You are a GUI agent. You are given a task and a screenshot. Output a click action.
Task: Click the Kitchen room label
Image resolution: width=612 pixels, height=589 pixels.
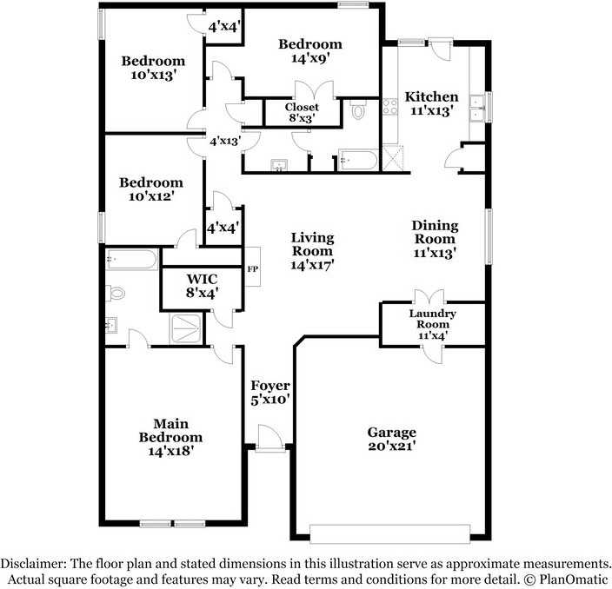pos(431,96)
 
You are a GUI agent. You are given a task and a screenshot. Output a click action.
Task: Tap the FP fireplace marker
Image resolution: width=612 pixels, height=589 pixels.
pos(252,269)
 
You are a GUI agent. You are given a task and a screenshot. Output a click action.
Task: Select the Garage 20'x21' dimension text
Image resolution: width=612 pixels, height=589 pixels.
pos(391,446)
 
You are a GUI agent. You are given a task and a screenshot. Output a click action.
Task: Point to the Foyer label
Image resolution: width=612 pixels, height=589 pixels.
pos(270,386)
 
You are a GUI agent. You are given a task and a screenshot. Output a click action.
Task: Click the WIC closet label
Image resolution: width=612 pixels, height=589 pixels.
pos(202,279)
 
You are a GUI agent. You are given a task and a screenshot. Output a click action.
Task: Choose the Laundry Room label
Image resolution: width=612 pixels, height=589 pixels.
pos(432,319)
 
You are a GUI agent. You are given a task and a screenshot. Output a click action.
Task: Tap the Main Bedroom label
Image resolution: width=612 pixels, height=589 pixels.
pos(170,430)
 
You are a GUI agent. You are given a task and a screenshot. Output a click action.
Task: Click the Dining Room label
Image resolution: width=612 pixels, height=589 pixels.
pos(435,232)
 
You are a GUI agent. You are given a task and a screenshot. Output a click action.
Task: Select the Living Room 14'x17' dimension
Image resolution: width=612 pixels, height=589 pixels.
pos(312,265)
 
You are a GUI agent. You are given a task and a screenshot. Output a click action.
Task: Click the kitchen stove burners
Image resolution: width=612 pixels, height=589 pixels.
pos(390,107)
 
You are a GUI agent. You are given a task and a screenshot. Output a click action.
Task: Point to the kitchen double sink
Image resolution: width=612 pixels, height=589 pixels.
pos(477,109)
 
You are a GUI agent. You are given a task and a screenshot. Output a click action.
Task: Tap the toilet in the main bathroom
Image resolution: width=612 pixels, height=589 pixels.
pos(115,293)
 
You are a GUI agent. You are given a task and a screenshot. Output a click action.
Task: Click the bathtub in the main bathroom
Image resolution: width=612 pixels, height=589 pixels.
pos(131,259)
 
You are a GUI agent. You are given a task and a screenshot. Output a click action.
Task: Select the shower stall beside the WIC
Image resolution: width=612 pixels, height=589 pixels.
pos(187,329)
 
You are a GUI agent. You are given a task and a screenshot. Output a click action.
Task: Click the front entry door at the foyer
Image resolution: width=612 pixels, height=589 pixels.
pos(269,440)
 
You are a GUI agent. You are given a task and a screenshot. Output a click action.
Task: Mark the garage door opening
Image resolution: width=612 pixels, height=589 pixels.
pos(390,533)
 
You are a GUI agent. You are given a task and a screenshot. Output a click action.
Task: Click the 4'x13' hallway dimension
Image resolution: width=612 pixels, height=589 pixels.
pos(225,141)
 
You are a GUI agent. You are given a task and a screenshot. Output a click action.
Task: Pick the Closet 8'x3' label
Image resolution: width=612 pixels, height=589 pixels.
pos(302,112)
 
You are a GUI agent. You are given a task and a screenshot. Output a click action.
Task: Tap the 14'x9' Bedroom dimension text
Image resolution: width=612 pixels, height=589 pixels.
pos(310,58)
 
